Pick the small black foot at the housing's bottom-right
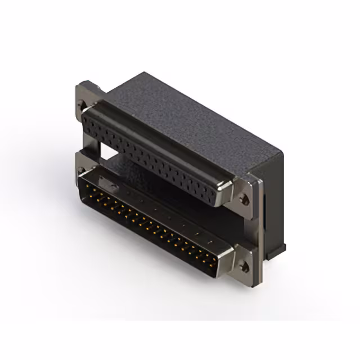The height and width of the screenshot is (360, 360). (280, 250)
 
